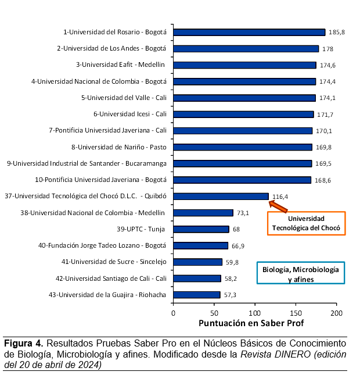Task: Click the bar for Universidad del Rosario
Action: (249, 33)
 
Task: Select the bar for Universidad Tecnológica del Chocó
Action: (221, 197)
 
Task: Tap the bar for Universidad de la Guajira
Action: (197, 295)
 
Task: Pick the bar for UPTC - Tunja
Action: (201, 229)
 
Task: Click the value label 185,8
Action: (337, 33)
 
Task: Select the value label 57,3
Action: (230, 295)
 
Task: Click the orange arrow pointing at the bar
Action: (279, 205)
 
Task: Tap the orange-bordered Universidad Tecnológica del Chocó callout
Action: (306, 223)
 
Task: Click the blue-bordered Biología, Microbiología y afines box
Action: (300, 273)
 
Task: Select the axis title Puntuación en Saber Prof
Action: (251, 323)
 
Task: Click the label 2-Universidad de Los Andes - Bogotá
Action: (111, 49)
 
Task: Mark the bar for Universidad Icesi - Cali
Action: (243, 115)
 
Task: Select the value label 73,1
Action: (243, 213)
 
